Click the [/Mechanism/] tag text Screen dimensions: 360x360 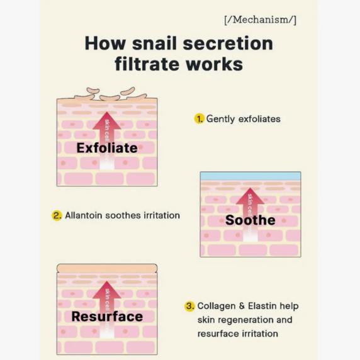tap(260, 20)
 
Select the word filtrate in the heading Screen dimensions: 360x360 tap(147, 64)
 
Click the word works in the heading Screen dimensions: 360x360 tap(214, 64)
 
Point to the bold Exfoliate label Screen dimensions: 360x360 tap(107, 148)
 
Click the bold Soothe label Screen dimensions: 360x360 tap(250, 220)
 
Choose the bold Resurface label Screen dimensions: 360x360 tap(107, 317)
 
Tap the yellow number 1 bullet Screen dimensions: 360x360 tap(200, 119)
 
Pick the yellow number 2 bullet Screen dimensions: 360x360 tap(57, 216)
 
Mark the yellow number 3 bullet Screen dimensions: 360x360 tap(189, 306)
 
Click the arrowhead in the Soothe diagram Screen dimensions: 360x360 tap(250, 196)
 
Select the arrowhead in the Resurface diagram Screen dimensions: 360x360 tap(107, 290)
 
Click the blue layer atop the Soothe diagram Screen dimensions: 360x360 tap(250, 176)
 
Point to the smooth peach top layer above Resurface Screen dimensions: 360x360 tap(107, 268)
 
